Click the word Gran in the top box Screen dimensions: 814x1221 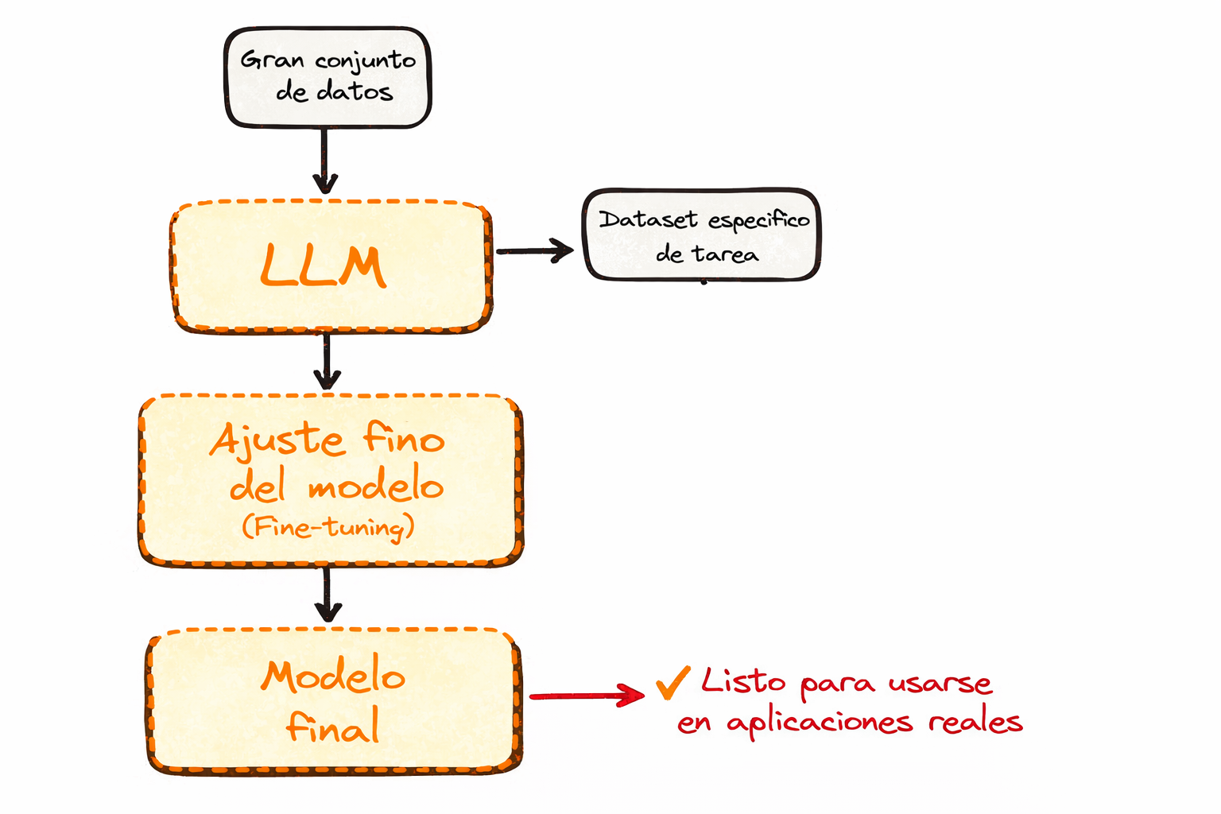point(271,60)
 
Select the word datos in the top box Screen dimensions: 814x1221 point(355,92)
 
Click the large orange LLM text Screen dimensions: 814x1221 point(323,266)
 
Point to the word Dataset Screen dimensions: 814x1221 point(648,220)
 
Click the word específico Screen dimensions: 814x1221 point(758,221)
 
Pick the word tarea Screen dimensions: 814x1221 point(725,254)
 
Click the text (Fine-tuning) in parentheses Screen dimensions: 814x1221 point(328,527)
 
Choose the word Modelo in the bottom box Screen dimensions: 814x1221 point(333,676)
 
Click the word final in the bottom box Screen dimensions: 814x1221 point(332,727)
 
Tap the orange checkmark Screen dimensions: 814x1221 point(673,682)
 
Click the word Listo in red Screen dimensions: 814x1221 point(743,681)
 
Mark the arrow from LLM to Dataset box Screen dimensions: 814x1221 point(534,251)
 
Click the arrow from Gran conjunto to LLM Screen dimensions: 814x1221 point(324,161)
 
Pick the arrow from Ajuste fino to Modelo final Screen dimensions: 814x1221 point(328,594)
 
